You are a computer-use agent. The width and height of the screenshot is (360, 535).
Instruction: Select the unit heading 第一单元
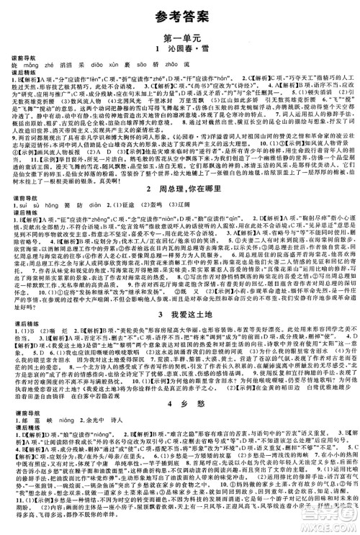click(x=180, y=37)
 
